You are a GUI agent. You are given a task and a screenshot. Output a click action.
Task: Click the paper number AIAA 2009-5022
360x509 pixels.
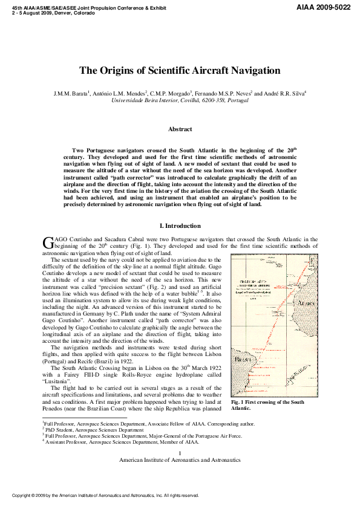click(x=324, y=7)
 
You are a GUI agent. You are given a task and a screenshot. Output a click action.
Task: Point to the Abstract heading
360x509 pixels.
click(x=180, y=129)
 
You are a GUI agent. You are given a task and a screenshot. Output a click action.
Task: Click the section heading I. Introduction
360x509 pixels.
click(x=180, y=226)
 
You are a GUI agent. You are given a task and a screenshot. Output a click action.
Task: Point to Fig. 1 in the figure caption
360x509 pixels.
click(x=237, y=403)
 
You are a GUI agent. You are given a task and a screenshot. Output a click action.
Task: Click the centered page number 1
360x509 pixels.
click(x=180, y=453)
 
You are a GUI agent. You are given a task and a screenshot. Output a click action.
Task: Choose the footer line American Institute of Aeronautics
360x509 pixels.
click(x=180, y=459)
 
